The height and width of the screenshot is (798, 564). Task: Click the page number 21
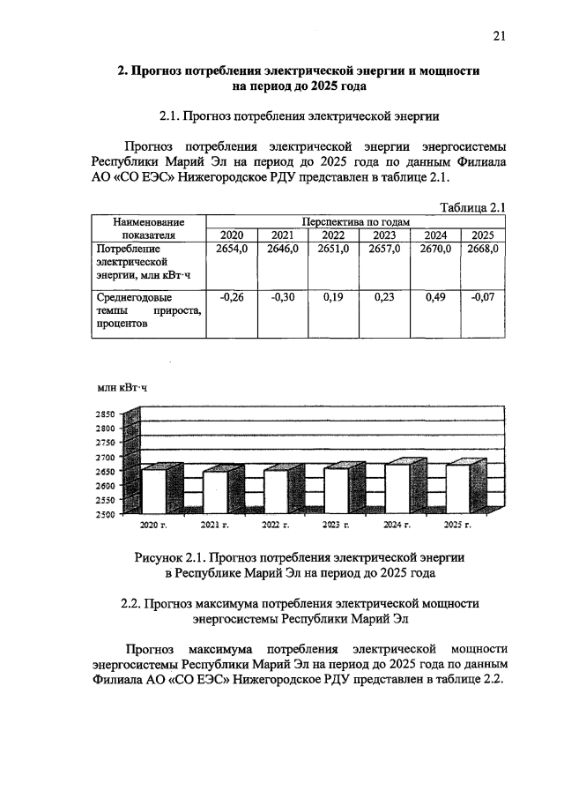click(x=498, y=35)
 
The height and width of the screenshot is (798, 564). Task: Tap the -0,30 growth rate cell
click(x=283, y=297)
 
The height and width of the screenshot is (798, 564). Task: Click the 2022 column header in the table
click(x=333, y=235)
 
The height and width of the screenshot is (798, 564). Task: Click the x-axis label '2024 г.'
click(x=397, y=526)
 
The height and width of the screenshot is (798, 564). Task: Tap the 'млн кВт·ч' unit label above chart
click(x=122, y=387)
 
